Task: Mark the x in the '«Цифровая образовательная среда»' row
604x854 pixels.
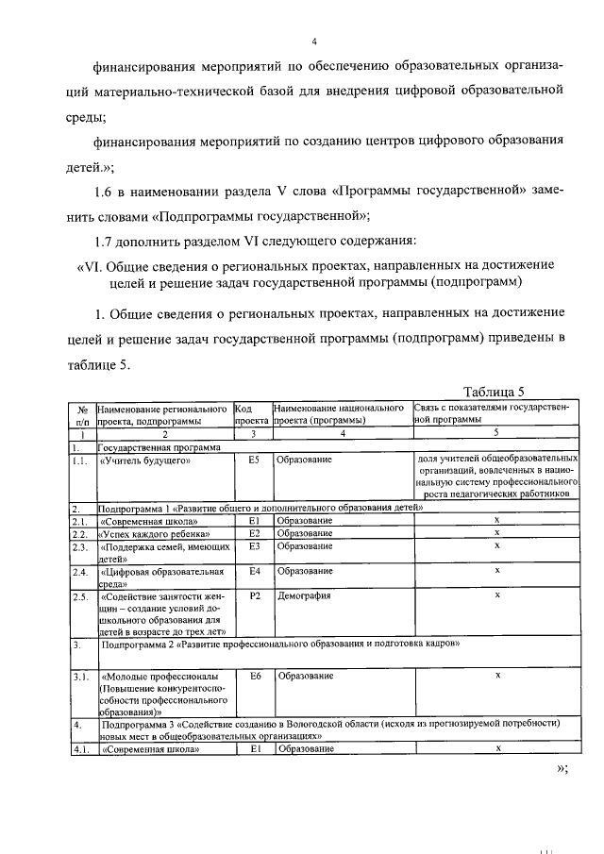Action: point(496,571)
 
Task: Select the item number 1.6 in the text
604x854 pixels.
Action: point(118,192)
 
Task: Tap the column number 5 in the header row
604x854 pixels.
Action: point(496,433)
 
